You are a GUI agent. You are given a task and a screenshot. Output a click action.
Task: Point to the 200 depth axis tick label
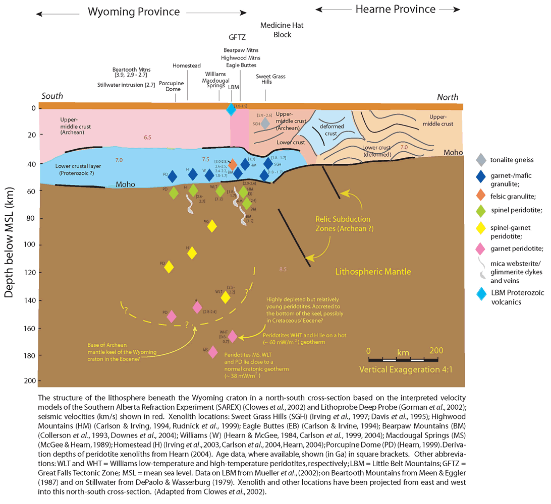pyautogui.click(x=28, y=380)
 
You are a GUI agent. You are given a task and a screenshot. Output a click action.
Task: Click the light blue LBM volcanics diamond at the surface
pyautogui.click(x=231, y=109)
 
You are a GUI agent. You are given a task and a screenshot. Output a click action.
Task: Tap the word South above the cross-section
pyautogui.click(x=52, y=96)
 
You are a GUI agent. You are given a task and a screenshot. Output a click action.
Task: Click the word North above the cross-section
pyautogui.click(x=448, y=97)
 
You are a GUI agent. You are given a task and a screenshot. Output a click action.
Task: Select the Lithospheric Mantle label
pyautogui.click(x=373, y=272)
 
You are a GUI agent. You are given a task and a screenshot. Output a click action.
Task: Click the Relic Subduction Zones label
pyautogui.click(x=343, y=224)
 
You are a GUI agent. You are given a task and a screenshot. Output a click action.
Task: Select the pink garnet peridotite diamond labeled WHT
pyautogui.click(x=232, y=336)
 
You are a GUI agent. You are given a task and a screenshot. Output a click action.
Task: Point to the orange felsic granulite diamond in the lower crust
pyautogui.click(x=233, y=164)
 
